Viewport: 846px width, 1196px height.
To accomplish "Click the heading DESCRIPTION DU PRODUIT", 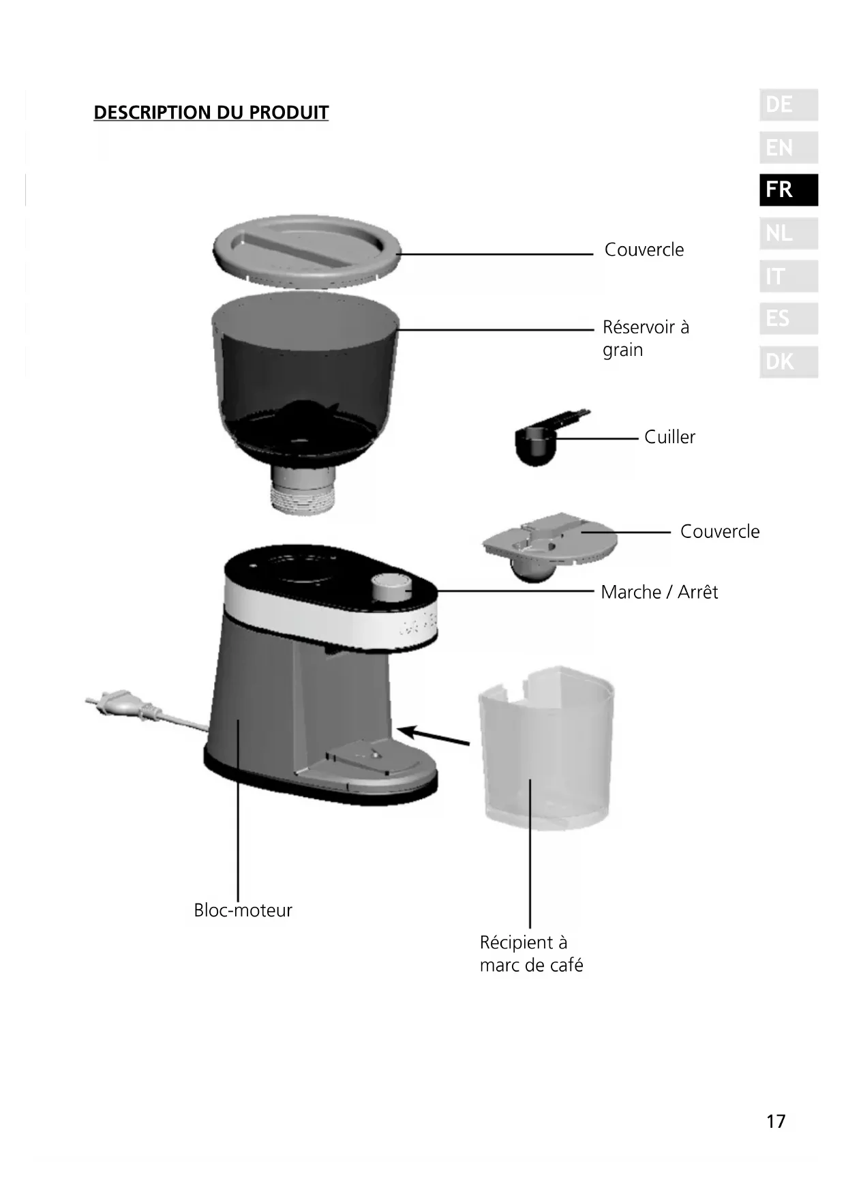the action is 211,113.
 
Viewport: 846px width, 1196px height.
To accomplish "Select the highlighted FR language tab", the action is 788,190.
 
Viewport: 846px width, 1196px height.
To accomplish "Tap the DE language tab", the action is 788,105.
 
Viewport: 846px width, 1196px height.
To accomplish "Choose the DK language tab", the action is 788,361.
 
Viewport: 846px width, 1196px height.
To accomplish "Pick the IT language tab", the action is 788,276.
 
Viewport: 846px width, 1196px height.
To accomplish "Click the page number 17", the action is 776,1122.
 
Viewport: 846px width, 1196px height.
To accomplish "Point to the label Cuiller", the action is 669,437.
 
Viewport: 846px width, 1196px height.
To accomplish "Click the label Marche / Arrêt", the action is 659,592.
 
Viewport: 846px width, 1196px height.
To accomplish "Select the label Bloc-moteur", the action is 243,910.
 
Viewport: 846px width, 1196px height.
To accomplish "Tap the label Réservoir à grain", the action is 645,338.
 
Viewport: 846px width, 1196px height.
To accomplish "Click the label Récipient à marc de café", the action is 531,954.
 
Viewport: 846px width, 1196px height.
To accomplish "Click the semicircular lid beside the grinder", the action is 550,542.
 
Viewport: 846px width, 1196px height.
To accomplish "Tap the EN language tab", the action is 788,147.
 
